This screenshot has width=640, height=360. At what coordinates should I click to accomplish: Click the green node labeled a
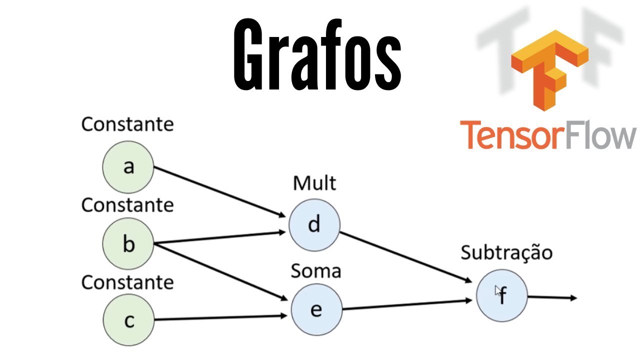[128, 166]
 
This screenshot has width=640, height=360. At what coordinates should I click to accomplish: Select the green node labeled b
[128, 244]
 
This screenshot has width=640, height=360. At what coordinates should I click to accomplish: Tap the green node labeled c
[128, 320]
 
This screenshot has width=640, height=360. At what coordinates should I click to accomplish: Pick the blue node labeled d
[314, 224]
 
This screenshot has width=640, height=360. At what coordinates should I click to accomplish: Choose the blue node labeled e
[316, 310]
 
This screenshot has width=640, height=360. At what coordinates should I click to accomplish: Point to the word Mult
[314, 183]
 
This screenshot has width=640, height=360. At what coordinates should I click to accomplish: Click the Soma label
[315, 271]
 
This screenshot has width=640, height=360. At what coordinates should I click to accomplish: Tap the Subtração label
[506, 252]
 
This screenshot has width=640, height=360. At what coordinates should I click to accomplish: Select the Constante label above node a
[127, 124]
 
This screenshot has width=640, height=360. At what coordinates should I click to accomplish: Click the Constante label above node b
[127, 205]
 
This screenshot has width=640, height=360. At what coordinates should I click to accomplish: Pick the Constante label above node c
[127, 282]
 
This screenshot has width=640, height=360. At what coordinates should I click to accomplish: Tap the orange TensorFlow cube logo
[548, 67]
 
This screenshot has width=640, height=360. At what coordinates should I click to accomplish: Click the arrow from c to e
[220, 317]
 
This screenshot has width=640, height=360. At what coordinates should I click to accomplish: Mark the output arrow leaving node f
[552, 298]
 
